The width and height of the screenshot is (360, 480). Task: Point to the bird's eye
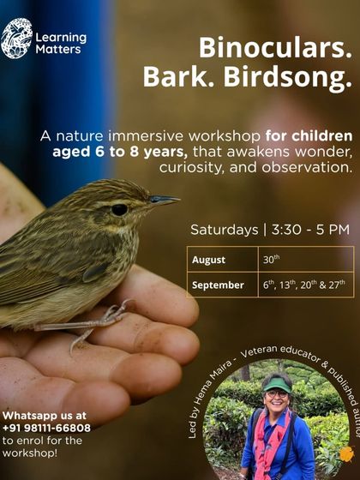tap(119, 209)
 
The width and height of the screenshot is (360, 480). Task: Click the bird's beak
tap(163, 201)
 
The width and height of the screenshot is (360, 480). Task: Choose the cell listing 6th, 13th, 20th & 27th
tap(303, 285)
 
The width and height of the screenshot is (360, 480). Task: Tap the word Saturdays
tap(224, 230)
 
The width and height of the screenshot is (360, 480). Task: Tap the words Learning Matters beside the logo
tap(60, 43)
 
